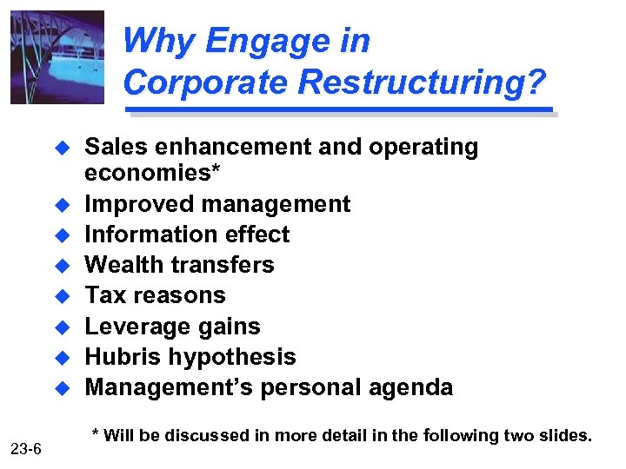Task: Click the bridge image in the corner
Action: pos(57,57)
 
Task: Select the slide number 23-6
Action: pos(31,448)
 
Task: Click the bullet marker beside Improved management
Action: pos(61,205)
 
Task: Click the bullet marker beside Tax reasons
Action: pos(61,296)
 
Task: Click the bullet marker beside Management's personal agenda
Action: pos(61,387)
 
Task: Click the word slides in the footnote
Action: pos(565,435)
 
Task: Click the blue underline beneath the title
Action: pos(339,110)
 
